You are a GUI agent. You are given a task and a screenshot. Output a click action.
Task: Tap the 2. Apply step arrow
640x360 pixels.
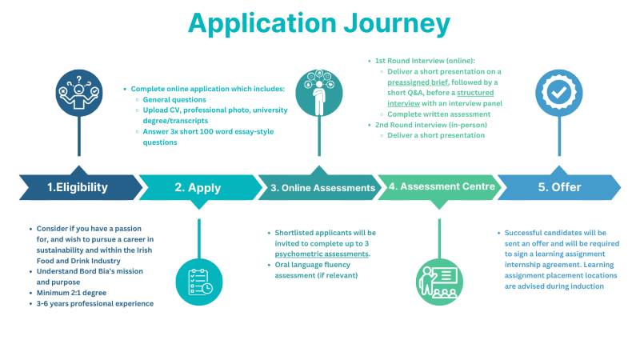197,188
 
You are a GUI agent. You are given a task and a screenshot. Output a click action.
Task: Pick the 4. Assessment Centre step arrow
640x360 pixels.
437,187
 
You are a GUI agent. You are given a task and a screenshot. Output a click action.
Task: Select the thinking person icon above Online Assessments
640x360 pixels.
318,93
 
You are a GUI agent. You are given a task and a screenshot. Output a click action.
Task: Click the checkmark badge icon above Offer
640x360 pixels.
558,93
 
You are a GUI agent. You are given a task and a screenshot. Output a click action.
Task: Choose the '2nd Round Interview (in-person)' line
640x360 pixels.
431,125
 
